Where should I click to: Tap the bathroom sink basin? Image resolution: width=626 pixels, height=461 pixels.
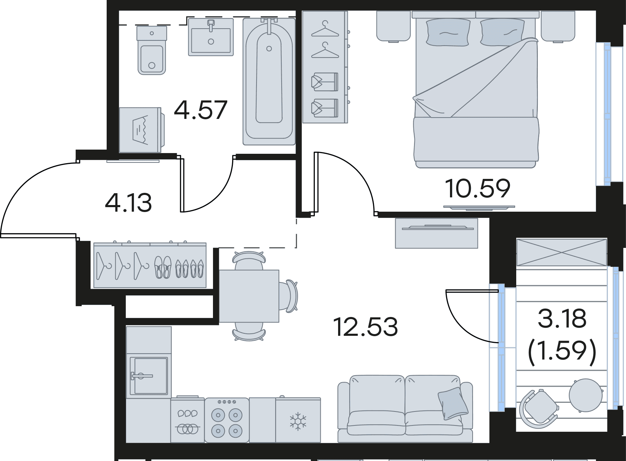tap(211, 37)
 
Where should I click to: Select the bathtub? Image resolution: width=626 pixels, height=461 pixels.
tap(269, 82)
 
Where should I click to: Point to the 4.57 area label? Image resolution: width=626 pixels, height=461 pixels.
tap(200, 109)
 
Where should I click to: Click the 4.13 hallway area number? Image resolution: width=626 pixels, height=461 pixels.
tap(128, 203)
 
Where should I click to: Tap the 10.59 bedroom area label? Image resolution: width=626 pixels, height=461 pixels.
tap(478, 188)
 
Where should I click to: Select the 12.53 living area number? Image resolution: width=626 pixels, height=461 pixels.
tap(365, 326)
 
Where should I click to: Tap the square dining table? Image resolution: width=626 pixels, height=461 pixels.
tap(249, 296)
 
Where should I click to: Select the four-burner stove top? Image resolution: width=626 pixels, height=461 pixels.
tap(227, 420)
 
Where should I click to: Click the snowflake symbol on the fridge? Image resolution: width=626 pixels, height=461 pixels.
tap(298, 421)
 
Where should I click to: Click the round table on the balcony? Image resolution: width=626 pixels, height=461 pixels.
tap(586, 395)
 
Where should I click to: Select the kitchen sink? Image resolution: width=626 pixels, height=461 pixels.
tap(148, 376)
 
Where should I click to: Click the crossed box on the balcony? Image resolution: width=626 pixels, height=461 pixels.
tap(562, 252)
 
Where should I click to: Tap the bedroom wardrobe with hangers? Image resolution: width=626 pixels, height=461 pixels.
tap(325, 67)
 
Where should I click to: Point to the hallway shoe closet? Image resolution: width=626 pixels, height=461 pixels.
tap(150, 265)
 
